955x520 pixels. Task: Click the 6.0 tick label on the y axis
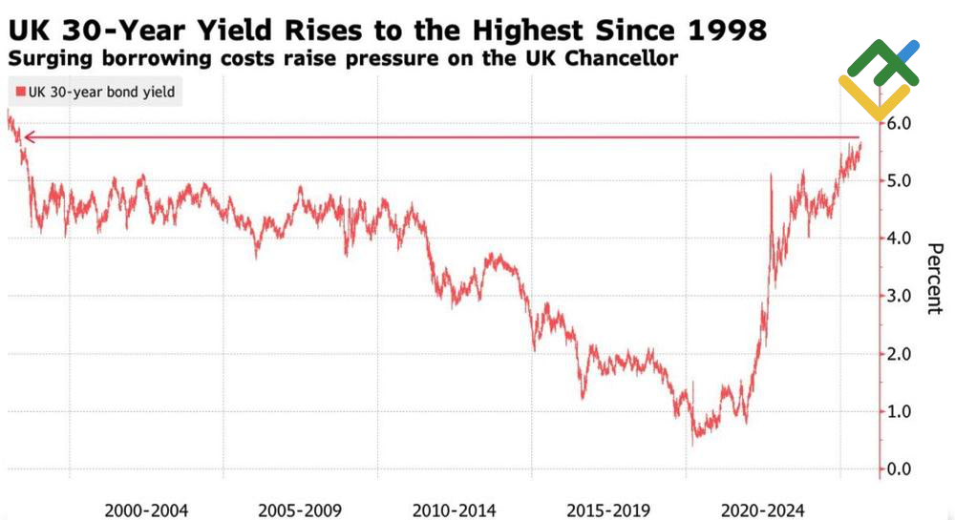coord(902,123)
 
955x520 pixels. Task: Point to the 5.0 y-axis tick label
coord(902,181)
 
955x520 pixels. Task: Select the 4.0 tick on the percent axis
coord(902,239)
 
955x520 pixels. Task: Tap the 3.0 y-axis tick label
coord(902,297)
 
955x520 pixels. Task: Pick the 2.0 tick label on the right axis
coord(902,354)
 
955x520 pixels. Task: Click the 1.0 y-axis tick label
coord(902,412)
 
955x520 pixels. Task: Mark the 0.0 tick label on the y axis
coord(902,469)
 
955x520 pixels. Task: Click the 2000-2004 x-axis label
coord(144,510)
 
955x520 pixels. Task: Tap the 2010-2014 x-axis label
coord(454,510)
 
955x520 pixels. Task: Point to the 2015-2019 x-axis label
coord(608,510)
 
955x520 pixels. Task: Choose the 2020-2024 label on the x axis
coord(763,510)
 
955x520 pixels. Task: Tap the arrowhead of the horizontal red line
coord(28,138)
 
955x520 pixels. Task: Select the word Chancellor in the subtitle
coord(625,59)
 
